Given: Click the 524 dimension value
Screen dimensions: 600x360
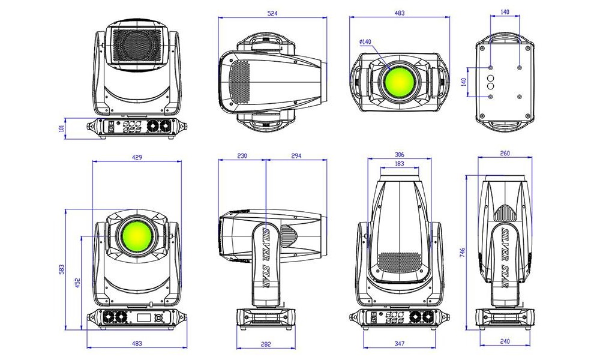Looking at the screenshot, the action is coord(272,13).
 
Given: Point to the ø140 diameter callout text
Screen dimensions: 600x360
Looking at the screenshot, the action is coord(365,42).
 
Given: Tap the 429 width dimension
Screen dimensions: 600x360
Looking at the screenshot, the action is coord(137,157).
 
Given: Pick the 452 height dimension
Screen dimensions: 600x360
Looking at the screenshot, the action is coord(77,283).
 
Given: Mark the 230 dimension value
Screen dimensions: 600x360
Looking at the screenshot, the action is coord(242,156).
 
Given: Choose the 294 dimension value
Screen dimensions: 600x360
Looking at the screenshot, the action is coord(296,156).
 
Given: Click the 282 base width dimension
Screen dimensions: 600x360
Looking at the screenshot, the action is coord(266,344).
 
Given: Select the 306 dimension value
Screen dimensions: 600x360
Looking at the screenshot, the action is coord(399,155).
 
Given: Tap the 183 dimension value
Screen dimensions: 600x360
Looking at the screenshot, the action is coord(399,163).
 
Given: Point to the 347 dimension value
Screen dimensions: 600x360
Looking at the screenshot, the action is coord(399,344).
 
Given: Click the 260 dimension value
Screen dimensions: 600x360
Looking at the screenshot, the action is coord(505,154).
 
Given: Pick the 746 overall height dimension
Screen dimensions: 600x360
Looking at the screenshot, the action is coord(462,252).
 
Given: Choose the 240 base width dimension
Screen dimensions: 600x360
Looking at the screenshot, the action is coord(505,341).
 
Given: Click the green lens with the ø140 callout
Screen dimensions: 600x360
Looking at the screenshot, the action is coord(399,81).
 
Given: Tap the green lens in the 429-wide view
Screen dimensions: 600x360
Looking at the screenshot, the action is coord(137,236).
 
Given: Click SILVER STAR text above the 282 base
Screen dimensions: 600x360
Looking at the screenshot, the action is coord(266,258).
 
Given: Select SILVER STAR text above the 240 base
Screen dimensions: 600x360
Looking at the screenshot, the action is coord(505,258).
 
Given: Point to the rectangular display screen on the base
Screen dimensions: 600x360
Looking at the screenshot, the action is coord(143,317).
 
